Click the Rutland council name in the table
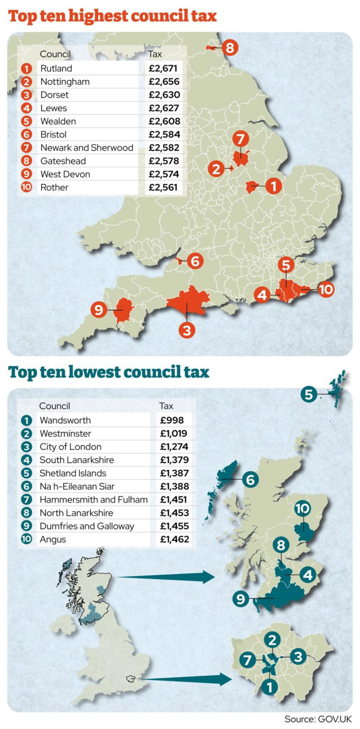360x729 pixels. [56, 68]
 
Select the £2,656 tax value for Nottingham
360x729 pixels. [164, 82]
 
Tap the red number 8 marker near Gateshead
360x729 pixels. [229, 47]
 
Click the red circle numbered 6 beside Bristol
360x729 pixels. [195, 261]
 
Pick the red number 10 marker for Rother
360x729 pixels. [326, 289]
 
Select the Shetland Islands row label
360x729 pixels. [73, 473]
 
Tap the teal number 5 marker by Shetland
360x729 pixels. [309, 393]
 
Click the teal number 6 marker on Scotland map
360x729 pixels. [251, 480]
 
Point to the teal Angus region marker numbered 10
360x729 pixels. [302, 509]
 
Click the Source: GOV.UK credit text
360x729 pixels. [318, 719]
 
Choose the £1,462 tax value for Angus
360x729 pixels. [174, 539]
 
